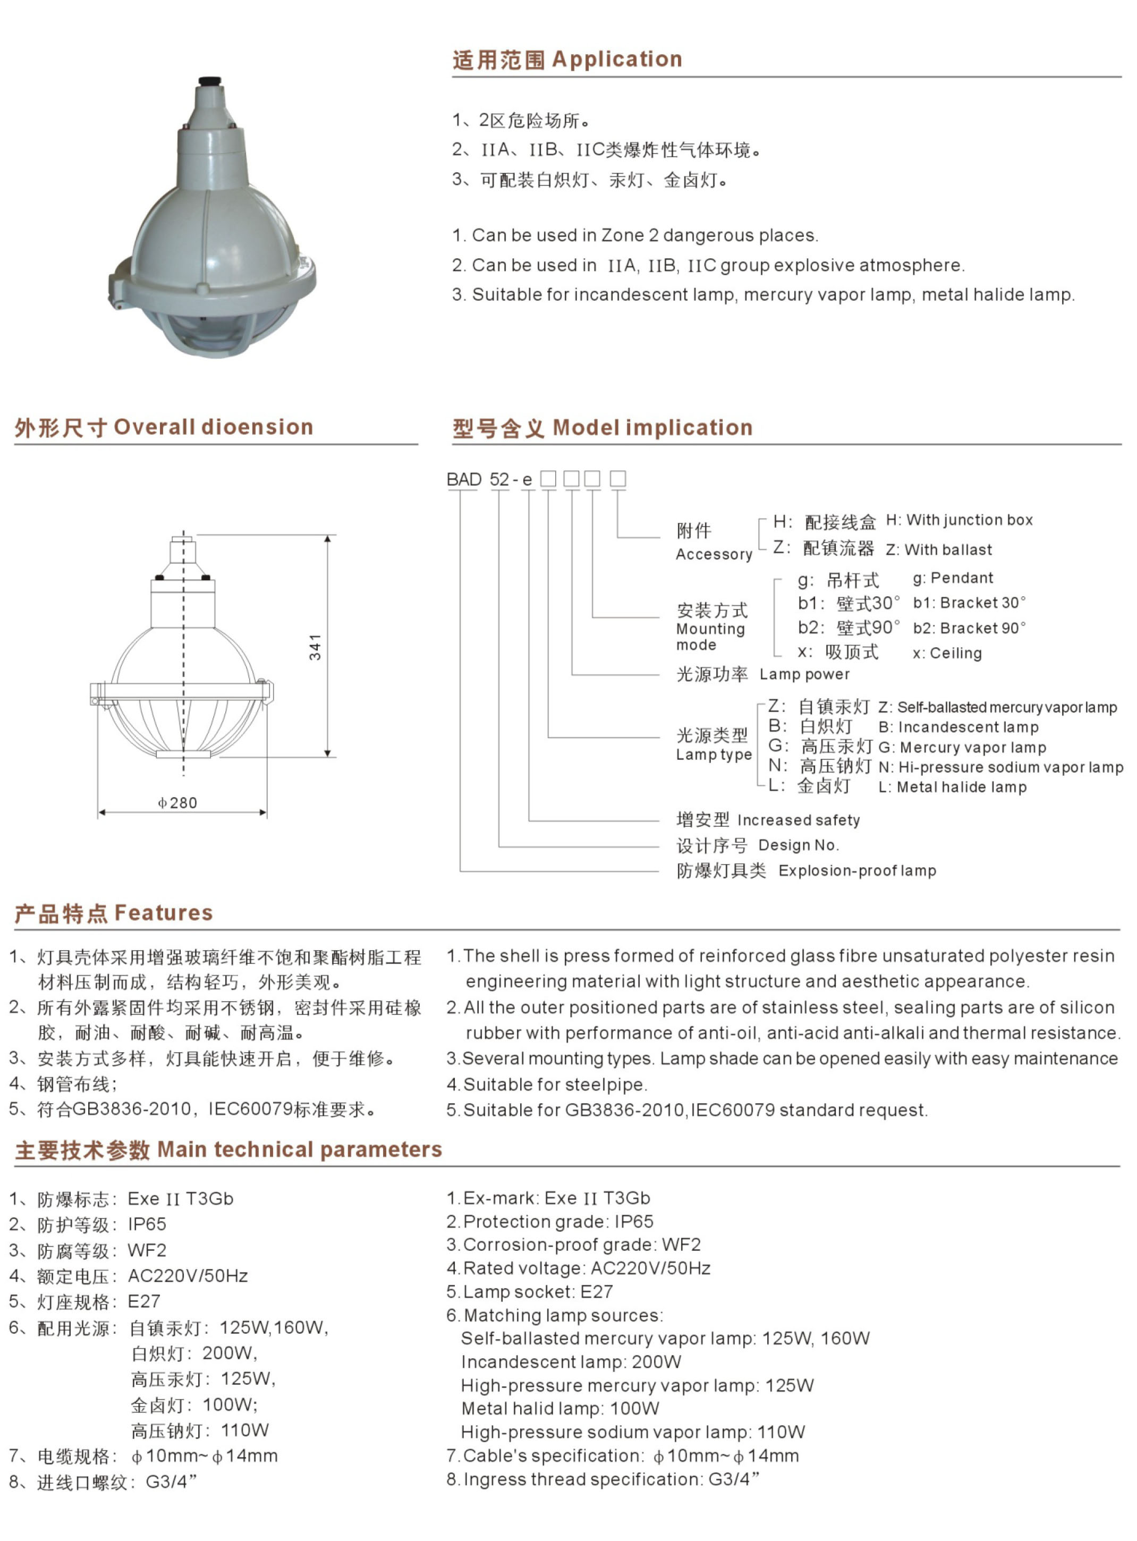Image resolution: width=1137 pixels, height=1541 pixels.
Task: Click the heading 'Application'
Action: (x=617, y=59)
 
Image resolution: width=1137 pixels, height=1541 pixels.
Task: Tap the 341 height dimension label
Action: (x=315, y=647)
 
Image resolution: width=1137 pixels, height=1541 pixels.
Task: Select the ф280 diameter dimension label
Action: (x=177, y=802)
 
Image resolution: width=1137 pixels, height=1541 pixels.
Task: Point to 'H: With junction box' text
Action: (x=958, y=520)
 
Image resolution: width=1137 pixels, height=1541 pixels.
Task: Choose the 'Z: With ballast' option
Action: (x=939, y=549)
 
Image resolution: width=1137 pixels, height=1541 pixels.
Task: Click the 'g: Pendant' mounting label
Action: (x=953, y=578)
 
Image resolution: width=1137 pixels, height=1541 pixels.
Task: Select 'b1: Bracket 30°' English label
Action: (x=969, y=603)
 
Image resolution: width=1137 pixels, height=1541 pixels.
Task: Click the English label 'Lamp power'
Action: (x=804, y=674)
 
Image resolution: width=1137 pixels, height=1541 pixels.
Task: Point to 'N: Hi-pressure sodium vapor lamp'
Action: (x=1001, y=767)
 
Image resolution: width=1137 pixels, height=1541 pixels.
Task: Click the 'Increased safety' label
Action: (x=799, y=820)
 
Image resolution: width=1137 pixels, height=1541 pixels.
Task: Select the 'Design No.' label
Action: (x=799, y=845)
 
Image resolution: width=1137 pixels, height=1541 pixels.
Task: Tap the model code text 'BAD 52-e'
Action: (x=489, y=480)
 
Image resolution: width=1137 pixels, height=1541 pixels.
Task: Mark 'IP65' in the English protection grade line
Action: (x=634, y=1221)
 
